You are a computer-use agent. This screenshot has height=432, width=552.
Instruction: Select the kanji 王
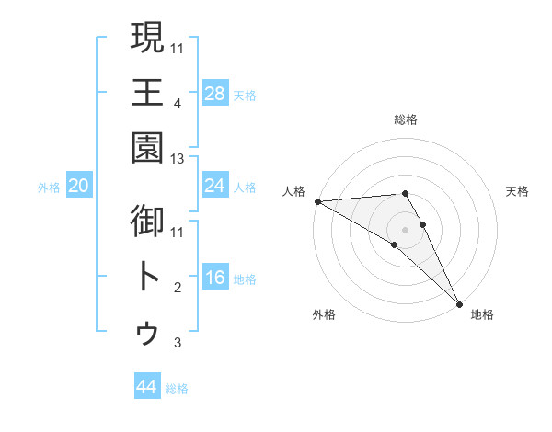[x=148, y=93]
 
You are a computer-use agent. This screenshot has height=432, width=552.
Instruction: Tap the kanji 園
[x=148, y=147]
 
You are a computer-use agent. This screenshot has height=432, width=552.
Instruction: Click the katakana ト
[x=148, y=276]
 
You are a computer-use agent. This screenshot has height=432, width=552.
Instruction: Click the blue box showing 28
[x=215, y=93]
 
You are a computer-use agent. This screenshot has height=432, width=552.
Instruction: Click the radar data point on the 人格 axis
[x=317, y=201]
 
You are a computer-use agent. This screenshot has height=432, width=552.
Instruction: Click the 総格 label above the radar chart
[x=406, y=119]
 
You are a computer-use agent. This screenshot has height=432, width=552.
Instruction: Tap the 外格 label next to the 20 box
[x=49, y=188]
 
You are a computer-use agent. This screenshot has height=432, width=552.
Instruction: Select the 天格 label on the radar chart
[x=517, y=191]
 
